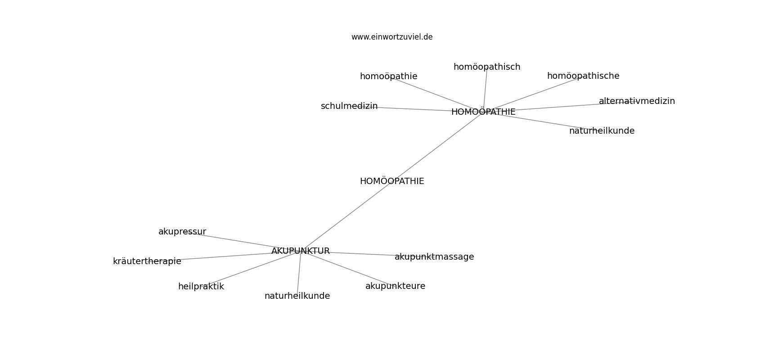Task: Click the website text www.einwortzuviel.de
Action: coord(391,37)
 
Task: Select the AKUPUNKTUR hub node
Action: coord(301,251)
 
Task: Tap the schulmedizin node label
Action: coord(349,106)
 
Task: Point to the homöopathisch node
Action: coord(486,67)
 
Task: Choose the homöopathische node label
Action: coord(583,76)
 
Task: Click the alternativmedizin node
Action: coord(637,101)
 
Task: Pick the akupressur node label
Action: coord(182,232)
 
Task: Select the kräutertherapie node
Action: coord(147,261)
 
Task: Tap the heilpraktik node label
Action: coord(201,287)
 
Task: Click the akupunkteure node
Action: coord(395,286)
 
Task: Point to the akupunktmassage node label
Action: coord(434,257)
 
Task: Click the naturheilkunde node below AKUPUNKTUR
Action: coord(297,296)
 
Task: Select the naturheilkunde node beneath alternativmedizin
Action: coord(602,131)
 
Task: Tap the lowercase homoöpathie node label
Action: coord(389,76)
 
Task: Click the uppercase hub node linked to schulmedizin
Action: coord(483,112)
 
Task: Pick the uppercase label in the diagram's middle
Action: coord(392,181)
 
